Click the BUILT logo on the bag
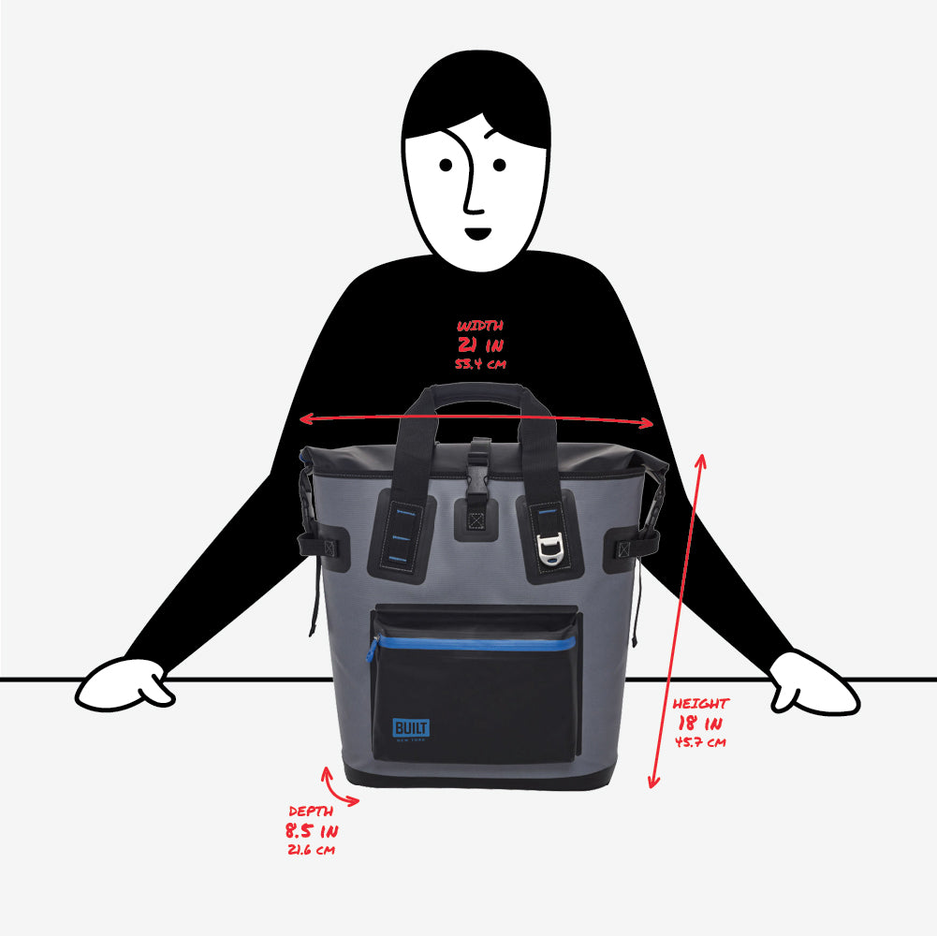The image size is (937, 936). click(x=411, y=729)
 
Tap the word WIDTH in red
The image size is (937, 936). click(x=480, y=326)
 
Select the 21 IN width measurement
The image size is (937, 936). click(x=480, y=344)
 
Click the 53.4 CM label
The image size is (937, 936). click(x=480, y=363)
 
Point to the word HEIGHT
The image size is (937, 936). click(x=701, y=704)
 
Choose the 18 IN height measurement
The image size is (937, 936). click(x=700, y=724)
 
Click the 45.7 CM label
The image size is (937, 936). click(x=700, y=742)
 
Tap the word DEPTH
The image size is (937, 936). click(x=311, y=812)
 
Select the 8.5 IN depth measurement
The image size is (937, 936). click(x=312, y=831)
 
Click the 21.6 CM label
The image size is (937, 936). click(x=312, y=849)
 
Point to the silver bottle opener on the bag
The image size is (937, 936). click(x=549, y=548)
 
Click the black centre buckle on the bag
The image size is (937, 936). click(x=478, y=467)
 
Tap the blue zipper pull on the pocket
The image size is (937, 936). click(x=373, y=649)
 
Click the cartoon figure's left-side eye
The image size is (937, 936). click(x=446, y=165)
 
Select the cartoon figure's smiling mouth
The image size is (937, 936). click(x=477, y=233)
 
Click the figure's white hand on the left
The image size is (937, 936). click(x=124, y=685)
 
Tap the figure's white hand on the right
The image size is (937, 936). click(x=813, y=684)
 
